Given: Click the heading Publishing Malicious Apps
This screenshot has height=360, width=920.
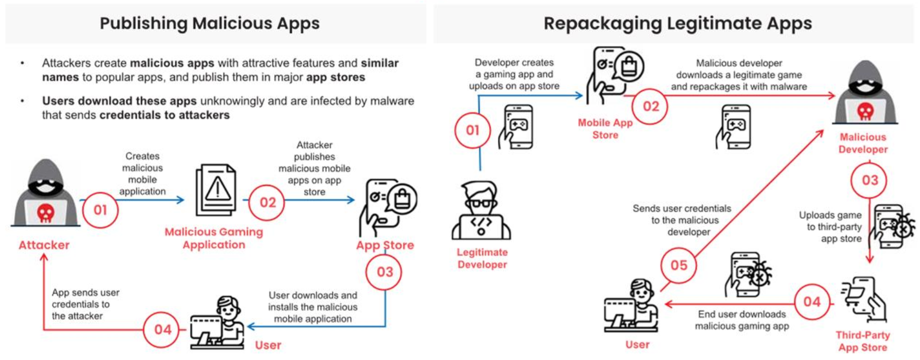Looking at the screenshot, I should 209,23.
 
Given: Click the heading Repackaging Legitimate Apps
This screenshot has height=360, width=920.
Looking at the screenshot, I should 677,23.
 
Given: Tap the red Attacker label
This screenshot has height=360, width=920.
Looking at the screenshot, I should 44,245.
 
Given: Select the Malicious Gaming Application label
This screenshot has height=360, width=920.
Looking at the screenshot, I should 213,238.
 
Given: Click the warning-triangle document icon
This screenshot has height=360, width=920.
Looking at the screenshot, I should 216,190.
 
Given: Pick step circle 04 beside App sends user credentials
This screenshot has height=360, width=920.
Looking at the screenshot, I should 162,329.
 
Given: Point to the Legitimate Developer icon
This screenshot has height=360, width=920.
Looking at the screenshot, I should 481,211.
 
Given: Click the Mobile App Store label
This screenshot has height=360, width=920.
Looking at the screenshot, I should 605,129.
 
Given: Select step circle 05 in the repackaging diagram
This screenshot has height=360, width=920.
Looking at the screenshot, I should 678,265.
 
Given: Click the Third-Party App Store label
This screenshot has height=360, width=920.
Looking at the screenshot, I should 862,341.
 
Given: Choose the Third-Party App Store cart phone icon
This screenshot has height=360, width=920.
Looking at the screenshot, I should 864,299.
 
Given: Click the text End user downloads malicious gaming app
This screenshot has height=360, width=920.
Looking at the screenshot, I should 742,320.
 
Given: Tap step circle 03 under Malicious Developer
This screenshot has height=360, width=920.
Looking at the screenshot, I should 869,180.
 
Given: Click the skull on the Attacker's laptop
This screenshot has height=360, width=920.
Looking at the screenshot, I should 45,213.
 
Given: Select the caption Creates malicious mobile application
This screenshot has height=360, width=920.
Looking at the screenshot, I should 142,174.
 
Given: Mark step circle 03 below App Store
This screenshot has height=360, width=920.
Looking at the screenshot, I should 384,272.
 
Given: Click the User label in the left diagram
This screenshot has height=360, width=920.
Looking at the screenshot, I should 268,345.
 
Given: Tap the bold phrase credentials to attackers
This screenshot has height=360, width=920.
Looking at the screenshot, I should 164,115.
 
